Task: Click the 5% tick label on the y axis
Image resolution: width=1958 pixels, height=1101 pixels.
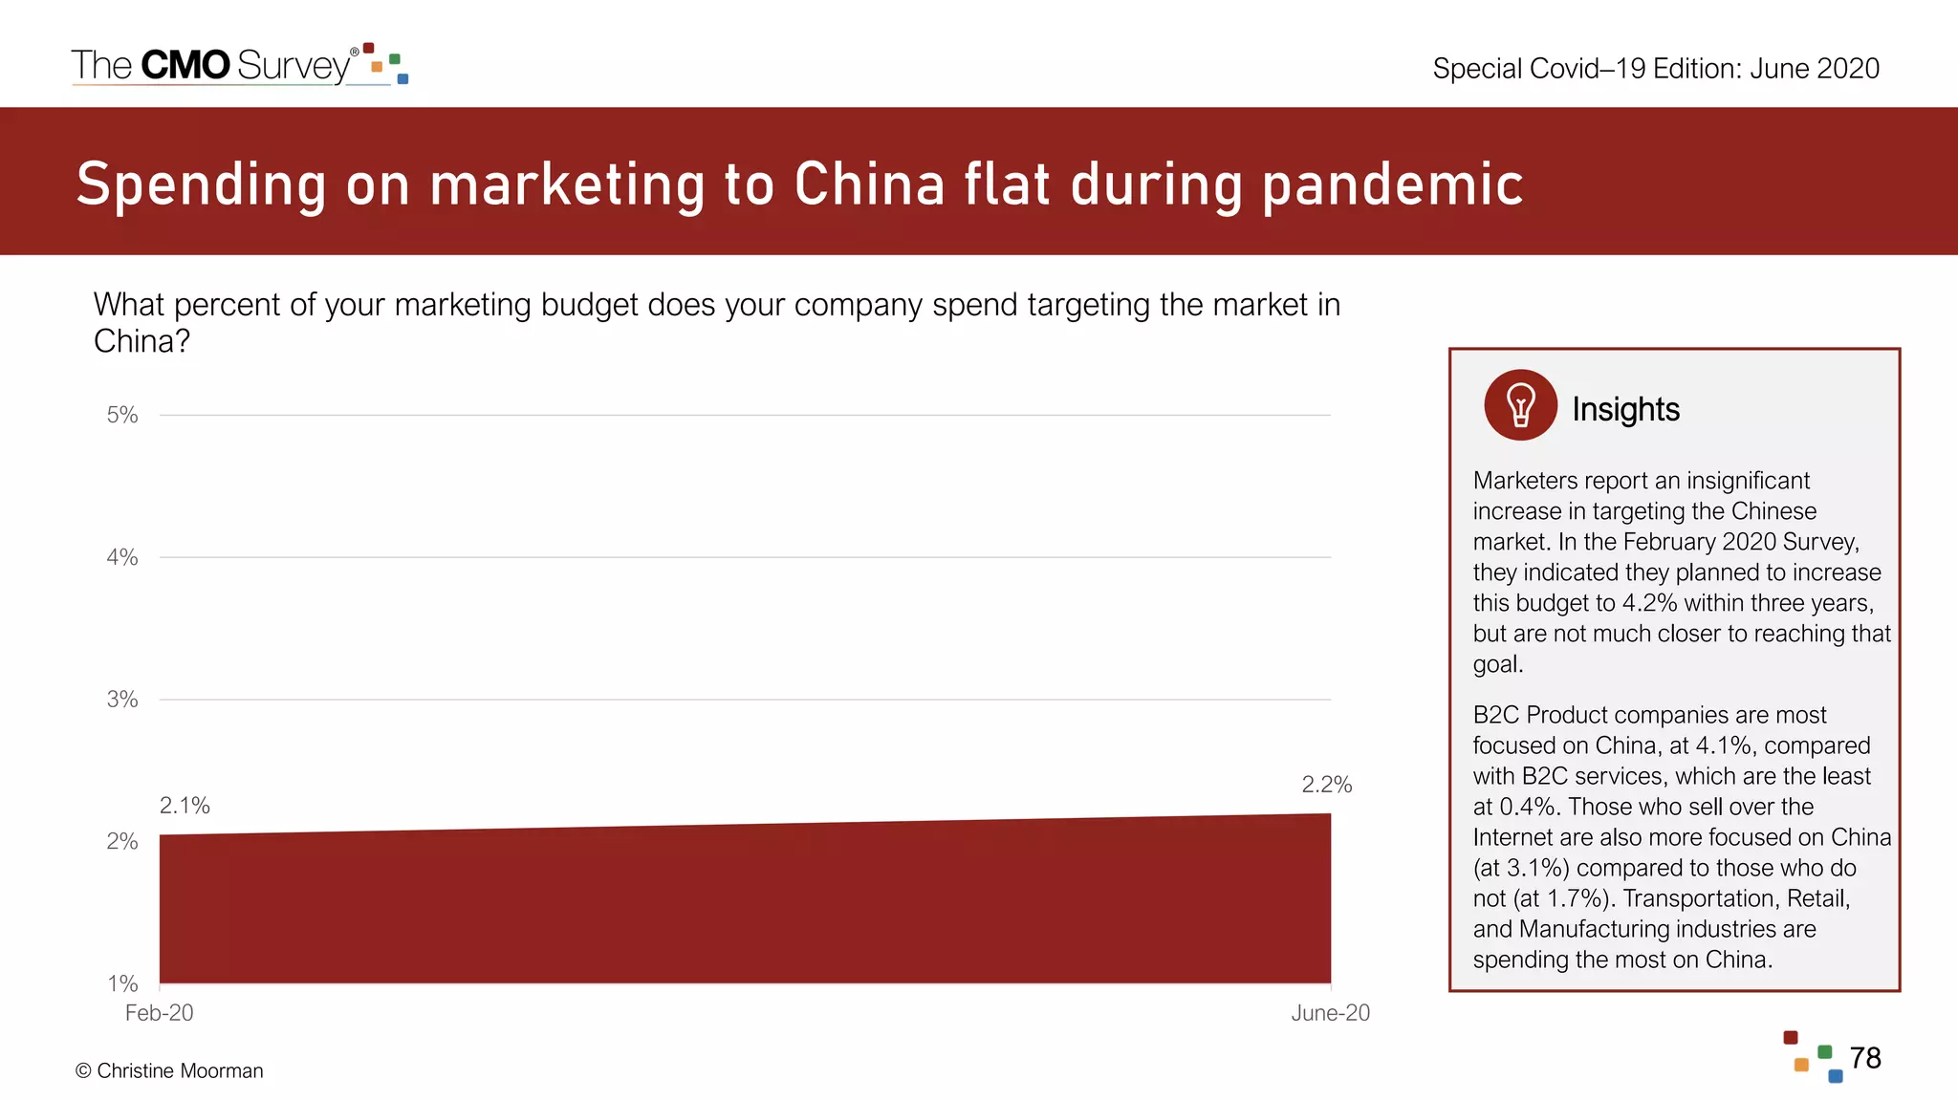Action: [x=122, y=415]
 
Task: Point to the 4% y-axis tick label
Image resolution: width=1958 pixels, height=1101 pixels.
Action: [x=122, y=557]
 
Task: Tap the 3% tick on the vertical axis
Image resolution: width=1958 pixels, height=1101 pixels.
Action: [x=122, y=700]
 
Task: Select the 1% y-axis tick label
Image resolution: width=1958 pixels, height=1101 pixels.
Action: [x=122, y=983]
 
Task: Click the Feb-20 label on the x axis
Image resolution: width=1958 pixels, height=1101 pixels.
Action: [x=159, y=1013]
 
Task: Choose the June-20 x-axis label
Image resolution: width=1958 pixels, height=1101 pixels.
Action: [x=1330, y=1013]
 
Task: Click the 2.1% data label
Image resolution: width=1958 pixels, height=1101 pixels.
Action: [x=185, y=806]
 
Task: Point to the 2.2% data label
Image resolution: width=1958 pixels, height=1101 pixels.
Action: [x=1327, y=785]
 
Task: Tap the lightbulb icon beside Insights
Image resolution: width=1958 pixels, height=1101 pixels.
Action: [x=1520, y=405]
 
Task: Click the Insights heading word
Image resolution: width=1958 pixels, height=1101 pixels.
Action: [x=1625, y=409]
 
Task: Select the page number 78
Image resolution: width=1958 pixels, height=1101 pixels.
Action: [x=1865, y=1058]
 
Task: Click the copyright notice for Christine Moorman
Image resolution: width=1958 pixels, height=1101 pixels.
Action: [x=169, y=1070]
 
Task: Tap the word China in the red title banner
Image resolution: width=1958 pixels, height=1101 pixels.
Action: [x=869, y=183]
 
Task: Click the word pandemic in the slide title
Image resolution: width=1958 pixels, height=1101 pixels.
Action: [x=1392, y=183]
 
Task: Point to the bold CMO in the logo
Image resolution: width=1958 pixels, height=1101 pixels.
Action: [x=185, y=65]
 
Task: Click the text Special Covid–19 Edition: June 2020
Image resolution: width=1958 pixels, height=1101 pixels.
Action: [x=1656, y=69]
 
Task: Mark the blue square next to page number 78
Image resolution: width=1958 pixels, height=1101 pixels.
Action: [x=1836, y=1076]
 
